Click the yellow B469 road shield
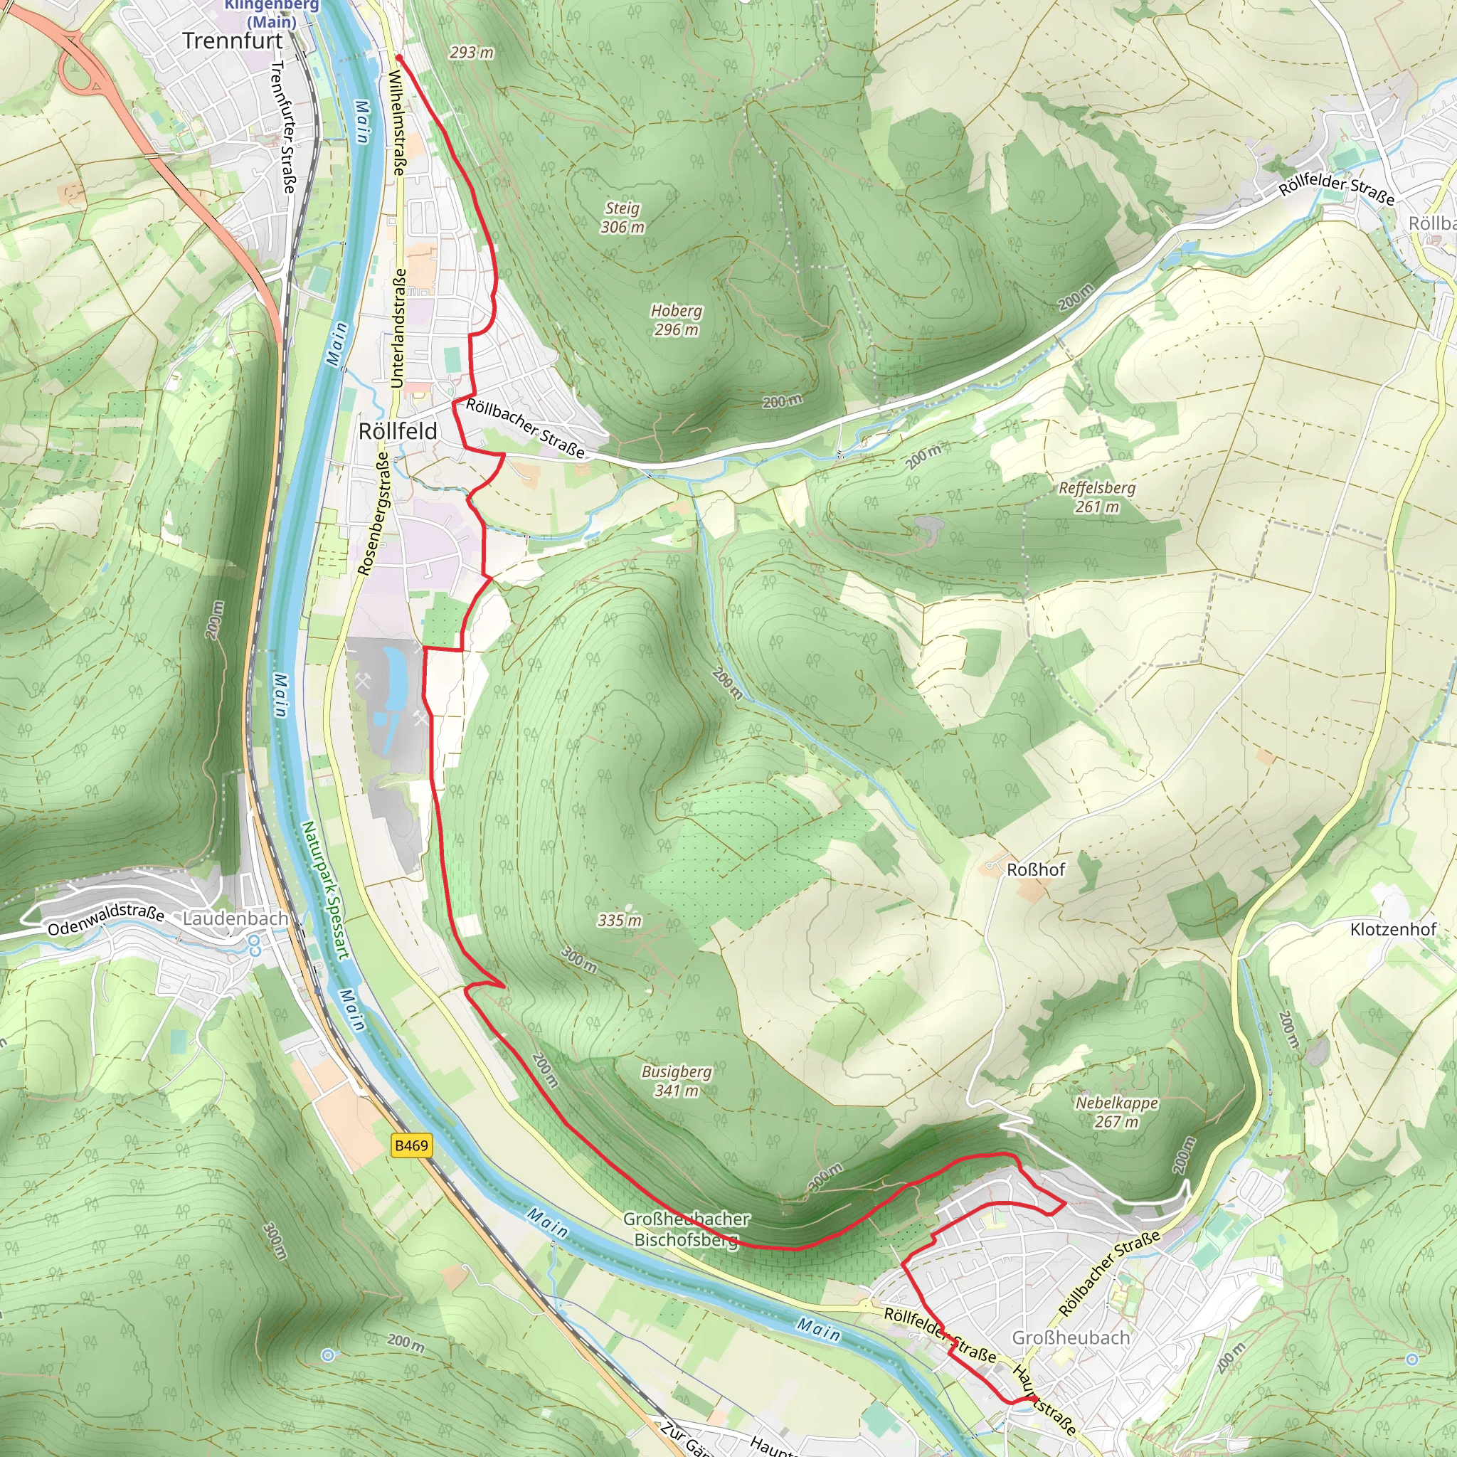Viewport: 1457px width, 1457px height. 411,1145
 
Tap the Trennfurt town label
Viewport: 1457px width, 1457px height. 232,41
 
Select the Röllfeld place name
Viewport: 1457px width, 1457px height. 398,431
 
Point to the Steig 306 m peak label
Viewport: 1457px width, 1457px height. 622,217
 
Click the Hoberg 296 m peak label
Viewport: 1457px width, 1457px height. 676,319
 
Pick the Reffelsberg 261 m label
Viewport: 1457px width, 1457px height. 1096,497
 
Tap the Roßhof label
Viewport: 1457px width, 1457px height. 1035,869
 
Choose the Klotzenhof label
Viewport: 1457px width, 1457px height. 1393,929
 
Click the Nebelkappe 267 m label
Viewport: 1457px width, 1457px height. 1116,1113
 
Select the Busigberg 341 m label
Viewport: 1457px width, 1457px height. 676,1081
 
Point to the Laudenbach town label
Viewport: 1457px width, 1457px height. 235,918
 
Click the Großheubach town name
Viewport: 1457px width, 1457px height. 1070,1337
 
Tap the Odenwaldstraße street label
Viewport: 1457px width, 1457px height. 105,919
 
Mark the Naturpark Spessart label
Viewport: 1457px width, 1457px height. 325,890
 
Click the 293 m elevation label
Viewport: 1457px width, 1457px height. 472,53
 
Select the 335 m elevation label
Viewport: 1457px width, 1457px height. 619,920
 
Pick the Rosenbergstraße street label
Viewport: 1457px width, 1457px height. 374,513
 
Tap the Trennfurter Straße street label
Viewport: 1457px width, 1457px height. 283,127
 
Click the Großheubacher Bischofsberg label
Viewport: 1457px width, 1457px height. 686,1229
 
